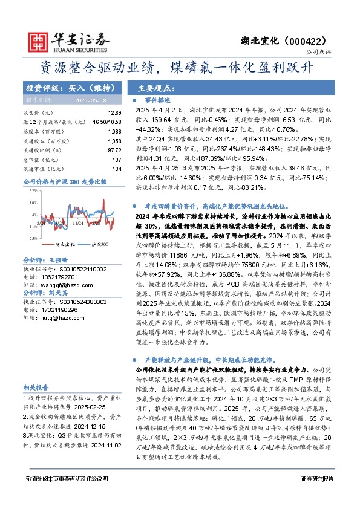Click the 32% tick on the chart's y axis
coord(31,190)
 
